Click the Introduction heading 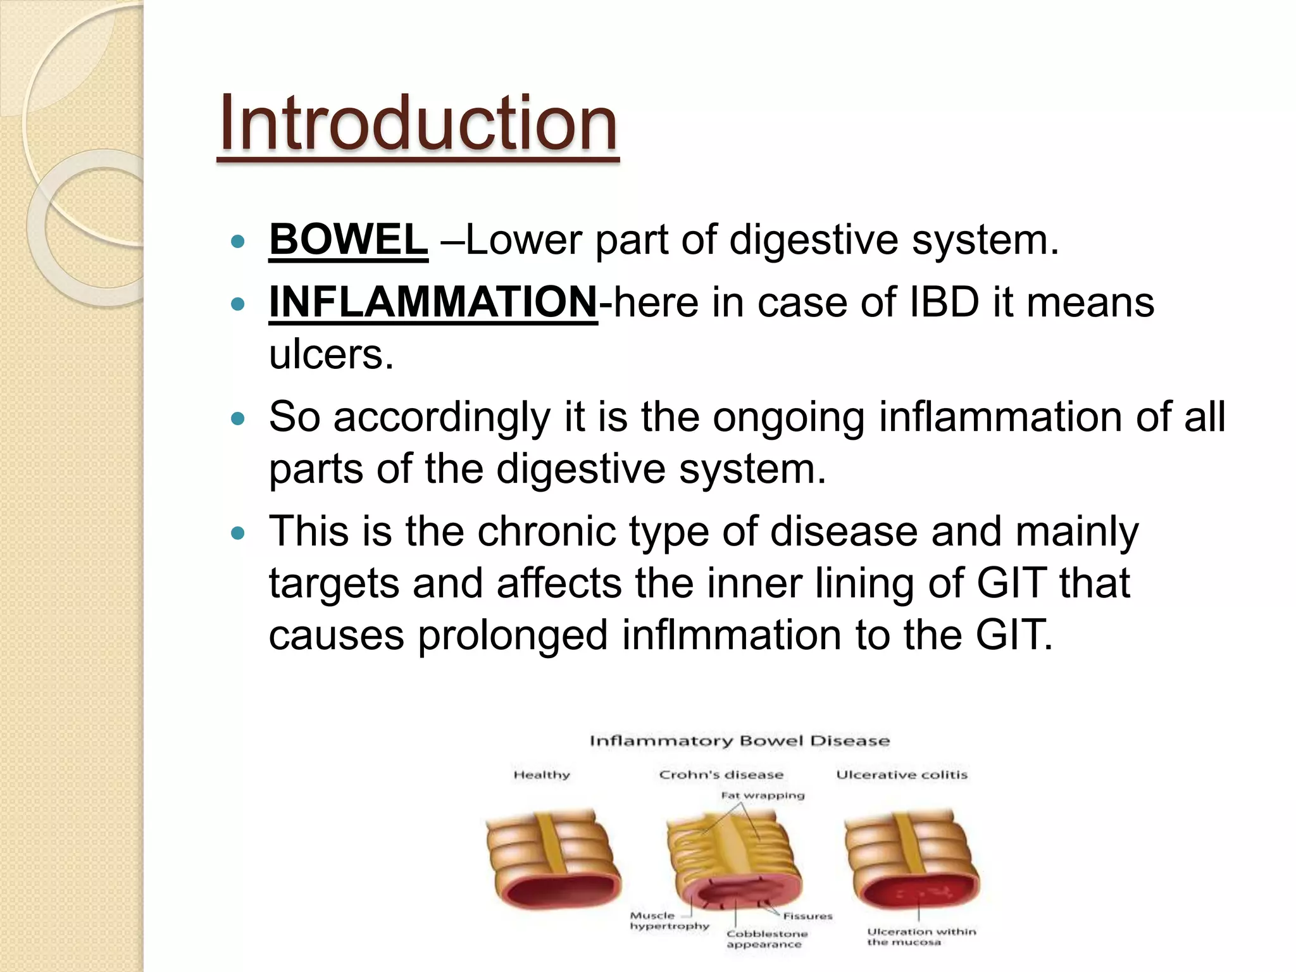(x=418, y=123)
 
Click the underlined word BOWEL (x=348, y=240)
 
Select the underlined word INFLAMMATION (x=433, y=302)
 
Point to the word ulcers (x=331, y=354)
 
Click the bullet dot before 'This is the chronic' (x=238, y=533)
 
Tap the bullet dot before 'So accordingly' (x=238, y=419)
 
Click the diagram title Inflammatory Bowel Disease (x=739, y=741)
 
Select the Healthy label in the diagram (x=542, y=775)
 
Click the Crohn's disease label (x=721, y=775)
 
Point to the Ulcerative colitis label (x=902, y=775)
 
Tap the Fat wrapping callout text (x=763, y=795)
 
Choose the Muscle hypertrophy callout (x=667, y=921)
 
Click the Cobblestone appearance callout (x=766, y=939)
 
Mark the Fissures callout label (x=807, y=916)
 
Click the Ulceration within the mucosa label (x=921, y=937)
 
